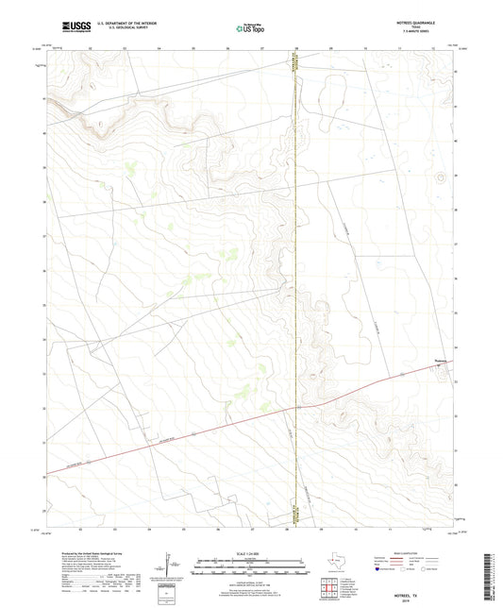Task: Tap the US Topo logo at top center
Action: click(250, 28)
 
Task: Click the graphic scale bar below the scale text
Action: click(251, 564)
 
